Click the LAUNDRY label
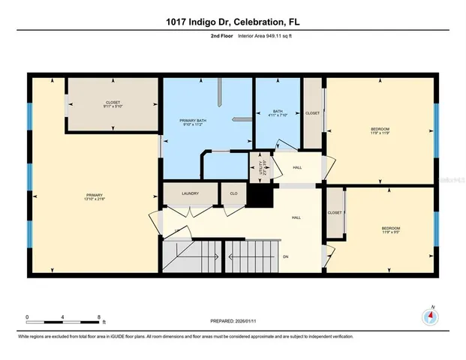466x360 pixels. coord(189,193)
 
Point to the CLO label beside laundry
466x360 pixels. coord(233,193)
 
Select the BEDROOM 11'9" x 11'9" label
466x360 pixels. coord(380,131)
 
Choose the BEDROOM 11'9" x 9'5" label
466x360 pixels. coord(391,230)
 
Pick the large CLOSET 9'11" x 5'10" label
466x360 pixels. coord(113,104)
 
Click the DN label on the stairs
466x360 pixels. coord(285,256)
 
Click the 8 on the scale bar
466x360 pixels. coord(99,316)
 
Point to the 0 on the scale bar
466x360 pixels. coord(28,316)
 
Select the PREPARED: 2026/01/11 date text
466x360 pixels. coord(233,320)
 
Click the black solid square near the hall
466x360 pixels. coord(259,196)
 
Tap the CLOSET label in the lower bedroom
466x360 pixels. coord(335,213)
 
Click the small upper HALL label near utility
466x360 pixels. coord(297,168)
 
